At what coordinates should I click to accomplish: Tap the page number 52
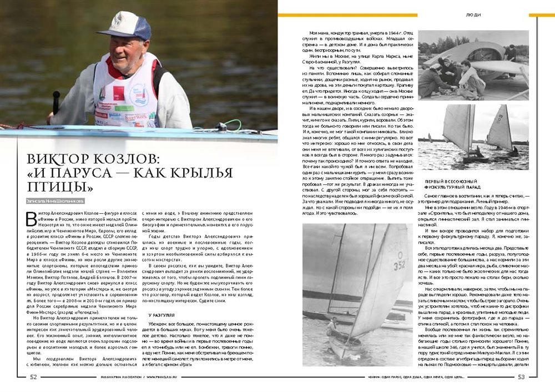[33, 377]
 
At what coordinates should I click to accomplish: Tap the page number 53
[521, 378]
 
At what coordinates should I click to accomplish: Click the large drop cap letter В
[32, 219]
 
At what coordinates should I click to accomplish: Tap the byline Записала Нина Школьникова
[55, 201]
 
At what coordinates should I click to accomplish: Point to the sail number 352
[400, 267]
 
